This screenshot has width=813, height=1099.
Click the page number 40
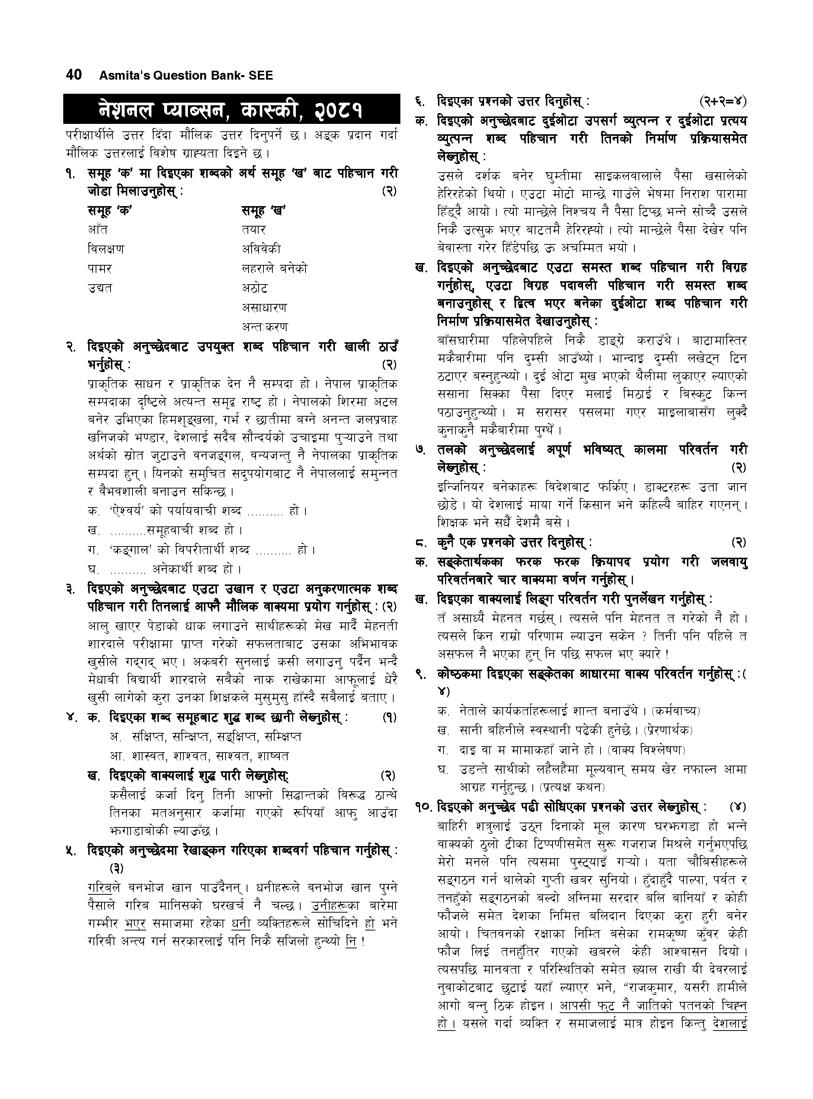click(x=73, y=75)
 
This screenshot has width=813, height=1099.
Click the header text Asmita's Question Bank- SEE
click(x=186, y=76)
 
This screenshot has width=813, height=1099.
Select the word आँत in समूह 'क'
click(x=98, y=230)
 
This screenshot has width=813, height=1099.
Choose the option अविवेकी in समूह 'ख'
click(x=261, y=249)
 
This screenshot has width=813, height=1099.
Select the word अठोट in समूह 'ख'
click(x=255, y=288)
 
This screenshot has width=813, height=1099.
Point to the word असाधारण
click(x=264, y=307)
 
